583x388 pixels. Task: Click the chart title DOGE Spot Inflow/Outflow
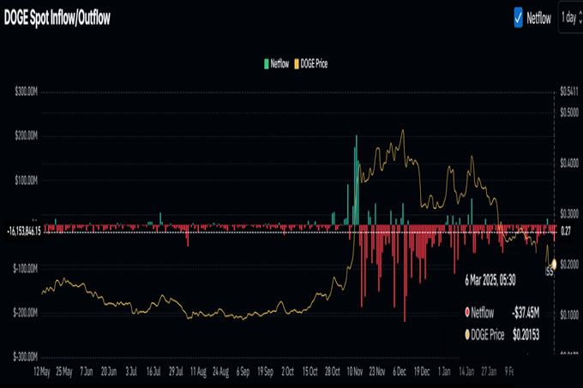(59, 16)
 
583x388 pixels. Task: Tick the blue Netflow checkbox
(519, 16)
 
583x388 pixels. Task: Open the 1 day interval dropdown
(568, 16)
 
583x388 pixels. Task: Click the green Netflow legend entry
(276, 63)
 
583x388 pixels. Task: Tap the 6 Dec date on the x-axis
(400, 373)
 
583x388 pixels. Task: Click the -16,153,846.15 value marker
(23, 230)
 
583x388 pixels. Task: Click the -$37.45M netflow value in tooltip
(526, 313)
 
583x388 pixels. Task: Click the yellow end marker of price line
(554, 263)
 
